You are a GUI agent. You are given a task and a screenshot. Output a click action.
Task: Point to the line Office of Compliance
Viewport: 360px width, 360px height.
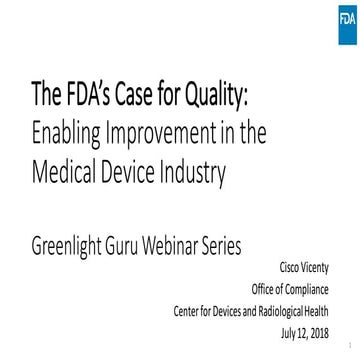tap(290, 289)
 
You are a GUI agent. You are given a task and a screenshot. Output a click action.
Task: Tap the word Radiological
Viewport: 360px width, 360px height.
tap(282, 310)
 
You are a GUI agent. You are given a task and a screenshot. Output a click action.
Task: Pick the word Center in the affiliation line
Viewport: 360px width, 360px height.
tap(187, 310)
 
